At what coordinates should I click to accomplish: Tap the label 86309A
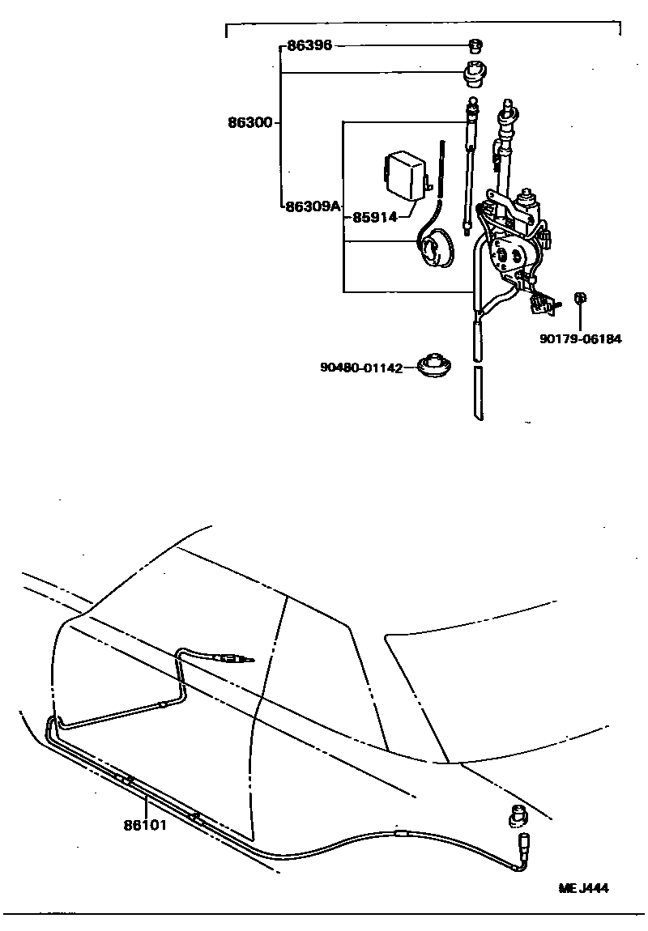click(x=313, y=206)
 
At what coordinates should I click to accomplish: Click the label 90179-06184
click(x=581, y=339)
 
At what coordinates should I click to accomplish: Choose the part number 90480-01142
click(x=361, y=368)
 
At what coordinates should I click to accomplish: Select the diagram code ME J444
click(x=583, y=887)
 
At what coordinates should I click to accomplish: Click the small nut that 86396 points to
click(x=475, y=45)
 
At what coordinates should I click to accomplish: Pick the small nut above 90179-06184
click(x=580, y=299)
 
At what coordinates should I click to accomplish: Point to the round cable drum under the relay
click(x=437, y=248)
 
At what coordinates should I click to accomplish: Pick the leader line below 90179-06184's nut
click(x=581, y=318)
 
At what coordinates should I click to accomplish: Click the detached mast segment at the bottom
click(x=478, y=393)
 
